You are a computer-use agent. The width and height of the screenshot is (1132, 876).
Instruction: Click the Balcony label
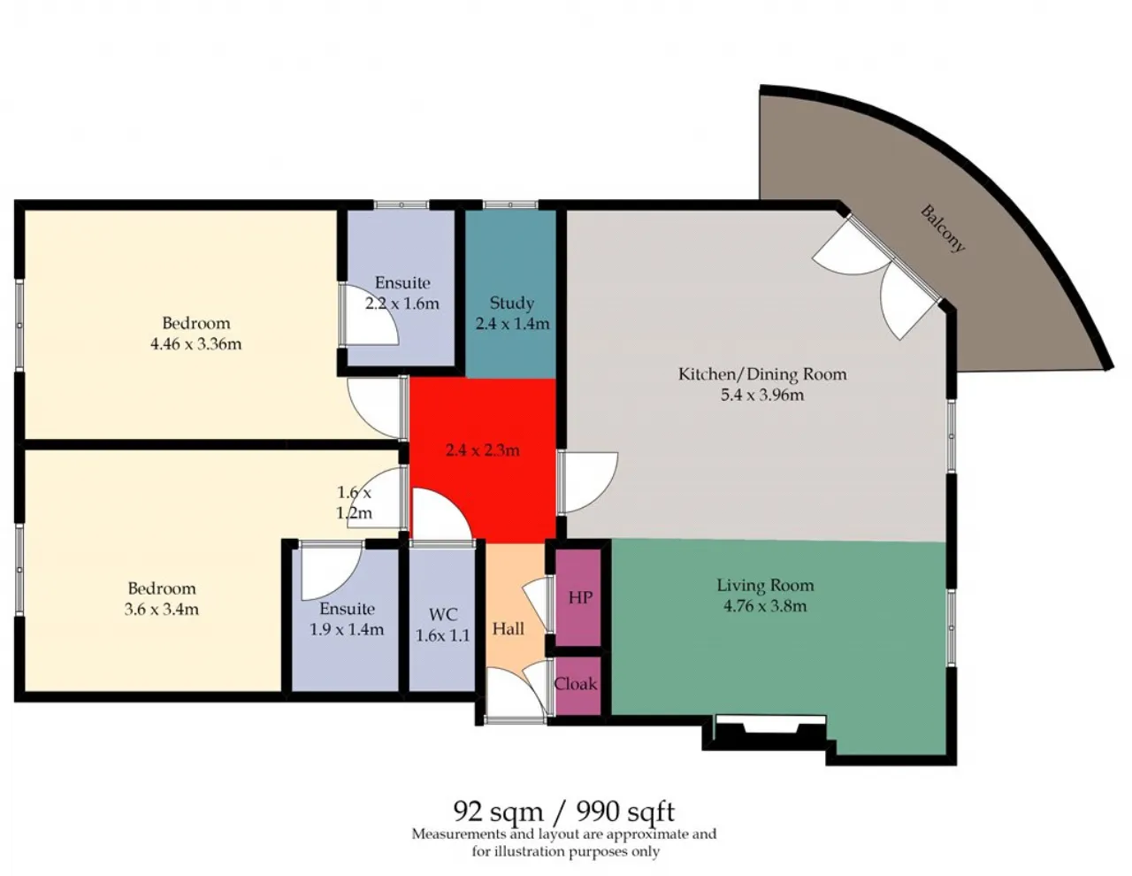pos(943,228)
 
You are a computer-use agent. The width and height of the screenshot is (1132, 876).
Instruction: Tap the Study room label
pos(511,303)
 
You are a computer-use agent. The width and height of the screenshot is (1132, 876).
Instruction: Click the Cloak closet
pos(576,685)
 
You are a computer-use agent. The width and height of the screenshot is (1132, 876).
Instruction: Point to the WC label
pos(443,615)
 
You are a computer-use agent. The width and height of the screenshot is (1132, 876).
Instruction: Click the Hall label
pos(508,629)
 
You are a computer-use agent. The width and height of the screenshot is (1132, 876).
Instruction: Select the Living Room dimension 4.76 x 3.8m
pos(765,606)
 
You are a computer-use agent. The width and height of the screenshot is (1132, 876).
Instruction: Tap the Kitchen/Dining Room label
pos(762,374)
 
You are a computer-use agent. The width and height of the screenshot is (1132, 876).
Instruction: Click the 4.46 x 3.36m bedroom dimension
pos(195,344)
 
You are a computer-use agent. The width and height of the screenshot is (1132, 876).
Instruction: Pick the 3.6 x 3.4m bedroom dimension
pos(162,609)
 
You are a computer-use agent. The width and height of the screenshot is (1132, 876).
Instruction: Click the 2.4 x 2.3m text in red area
pos(482,450)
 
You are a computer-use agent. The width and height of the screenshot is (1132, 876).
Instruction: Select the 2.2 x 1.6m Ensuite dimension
pos(402,304)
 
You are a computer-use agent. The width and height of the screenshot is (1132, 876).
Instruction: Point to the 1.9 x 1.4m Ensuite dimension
pos(347,629)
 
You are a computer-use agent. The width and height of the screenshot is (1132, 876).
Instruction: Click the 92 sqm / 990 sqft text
pos(563,811)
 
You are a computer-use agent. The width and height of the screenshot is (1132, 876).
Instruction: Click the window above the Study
pos(510,204)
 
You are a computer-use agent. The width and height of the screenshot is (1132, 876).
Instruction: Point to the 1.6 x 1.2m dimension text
pos(355,503)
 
